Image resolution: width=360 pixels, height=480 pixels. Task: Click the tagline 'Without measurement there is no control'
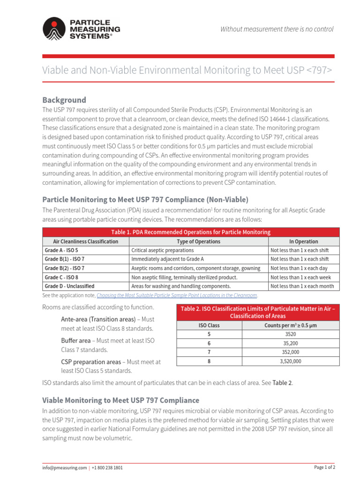(277, 29)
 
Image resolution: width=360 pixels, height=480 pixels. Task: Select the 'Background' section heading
(64, 100)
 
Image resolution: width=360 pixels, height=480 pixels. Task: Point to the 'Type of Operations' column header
(198, 241)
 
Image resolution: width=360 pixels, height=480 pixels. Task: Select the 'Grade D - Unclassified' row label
(69, 286)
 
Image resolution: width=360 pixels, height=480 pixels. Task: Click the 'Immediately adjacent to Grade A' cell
(167, 259)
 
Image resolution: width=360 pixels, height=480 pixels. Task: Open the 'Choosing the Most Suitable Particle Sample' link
(177, 296)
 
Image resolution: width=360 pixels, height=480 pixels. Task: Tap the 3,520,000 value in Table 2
(290, 361)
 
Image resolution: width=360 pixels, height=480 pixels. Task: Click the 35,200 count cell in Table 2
(290, 343)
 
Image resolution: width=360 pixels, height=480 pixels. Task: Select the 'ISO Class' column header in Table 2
(209, 325)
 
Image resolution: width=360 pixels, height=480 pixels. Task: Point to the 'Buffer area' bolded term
(75, 341)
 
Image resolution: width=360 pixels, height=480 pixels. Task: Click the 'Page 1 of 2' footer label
(324, 467)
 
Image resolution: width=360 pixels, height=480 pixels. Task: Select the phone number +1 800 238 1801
(107, 468)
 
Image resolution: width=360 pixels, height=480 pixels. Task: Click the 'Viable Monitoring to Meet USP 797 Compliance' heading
(120, 400)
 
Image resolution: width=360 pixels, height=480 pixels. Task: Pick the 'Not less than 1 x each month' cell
(302, 286)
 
